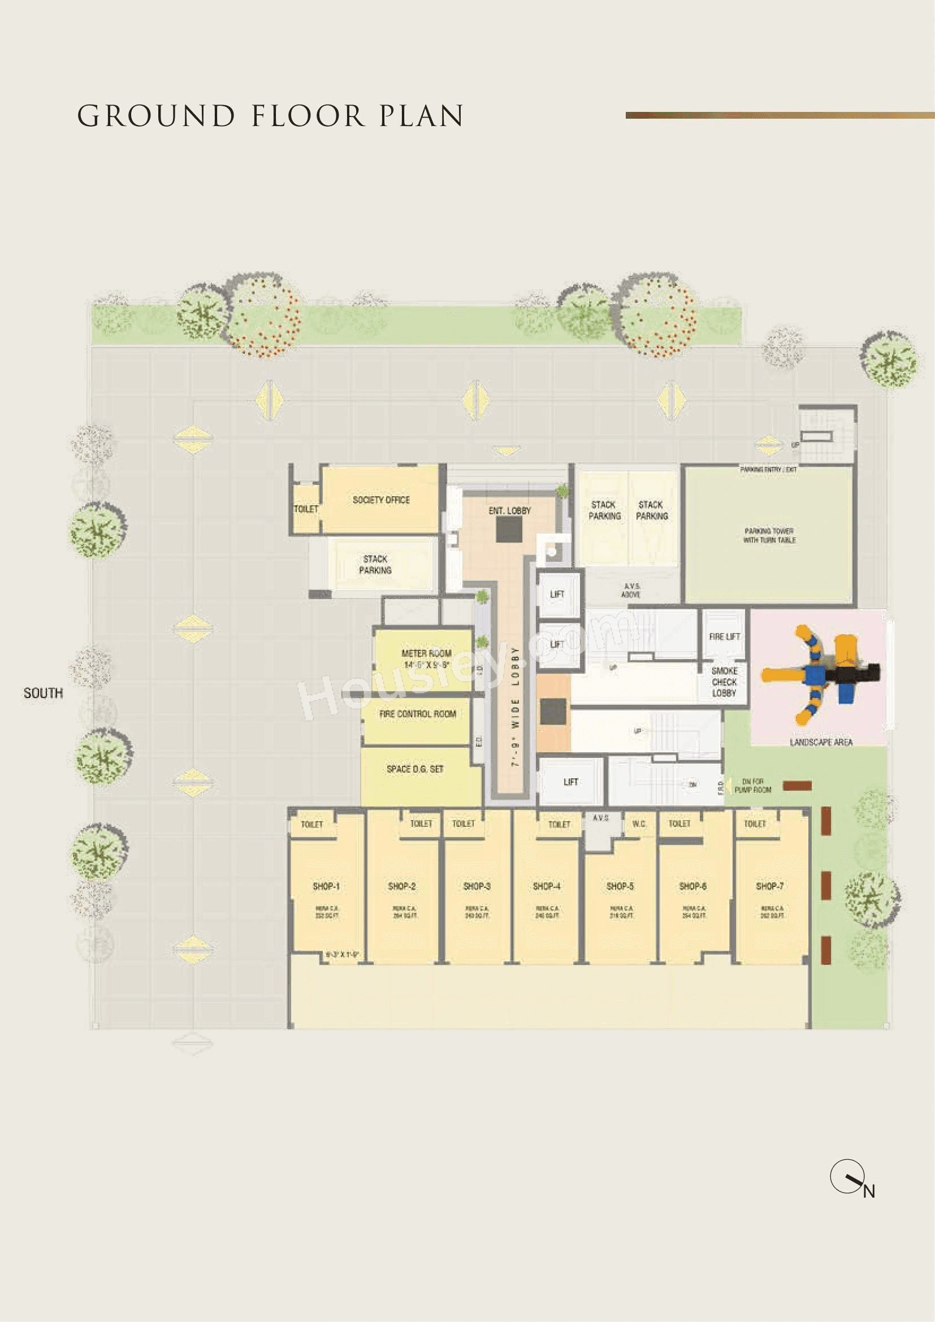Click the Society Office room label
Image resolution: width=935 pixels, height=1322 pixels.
coord(381,500)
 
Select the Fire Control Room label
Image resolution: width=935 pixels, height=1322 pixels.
coord(417,714)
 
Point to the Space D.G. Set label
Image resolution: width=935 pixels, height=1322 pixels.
coord(415,769)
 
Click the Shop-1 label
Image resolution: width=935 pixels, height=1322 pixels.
coord(326,886)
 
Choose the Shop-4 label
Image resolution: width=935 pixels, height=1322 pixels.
coord(547,886)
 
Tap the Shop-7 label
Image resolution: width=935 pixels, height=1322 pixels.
coord(770,886)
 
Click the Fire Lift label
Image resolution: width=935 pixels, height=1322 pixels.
coord(724,636)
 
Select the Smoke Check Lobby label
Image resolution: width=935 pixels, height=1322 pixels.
coord(724,682)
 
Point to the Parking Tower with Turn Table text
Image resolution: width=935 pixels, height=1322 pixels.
coord(769,535)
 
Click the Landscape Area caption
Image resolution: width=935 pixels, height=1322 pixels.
coord(820,742)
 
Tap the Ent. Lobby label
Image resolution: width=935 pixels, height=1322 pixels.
coord(509,511)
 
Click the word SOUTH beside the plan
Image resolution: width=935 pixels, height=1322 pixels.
coord(43,693)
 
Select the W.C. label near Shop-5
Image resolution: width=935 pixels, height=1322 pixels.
coord(639,824)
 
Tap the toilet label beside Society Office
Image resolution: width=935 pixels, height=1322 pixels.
coord(306,509)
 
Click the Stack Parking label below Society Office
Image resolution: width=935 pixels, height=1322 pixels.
coord(375,564)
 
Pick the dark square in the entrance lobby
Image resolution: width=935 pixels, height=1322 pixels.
coord(509,530)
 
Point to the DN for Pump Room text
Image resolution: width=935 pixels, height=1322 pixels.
coord(752,786)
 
